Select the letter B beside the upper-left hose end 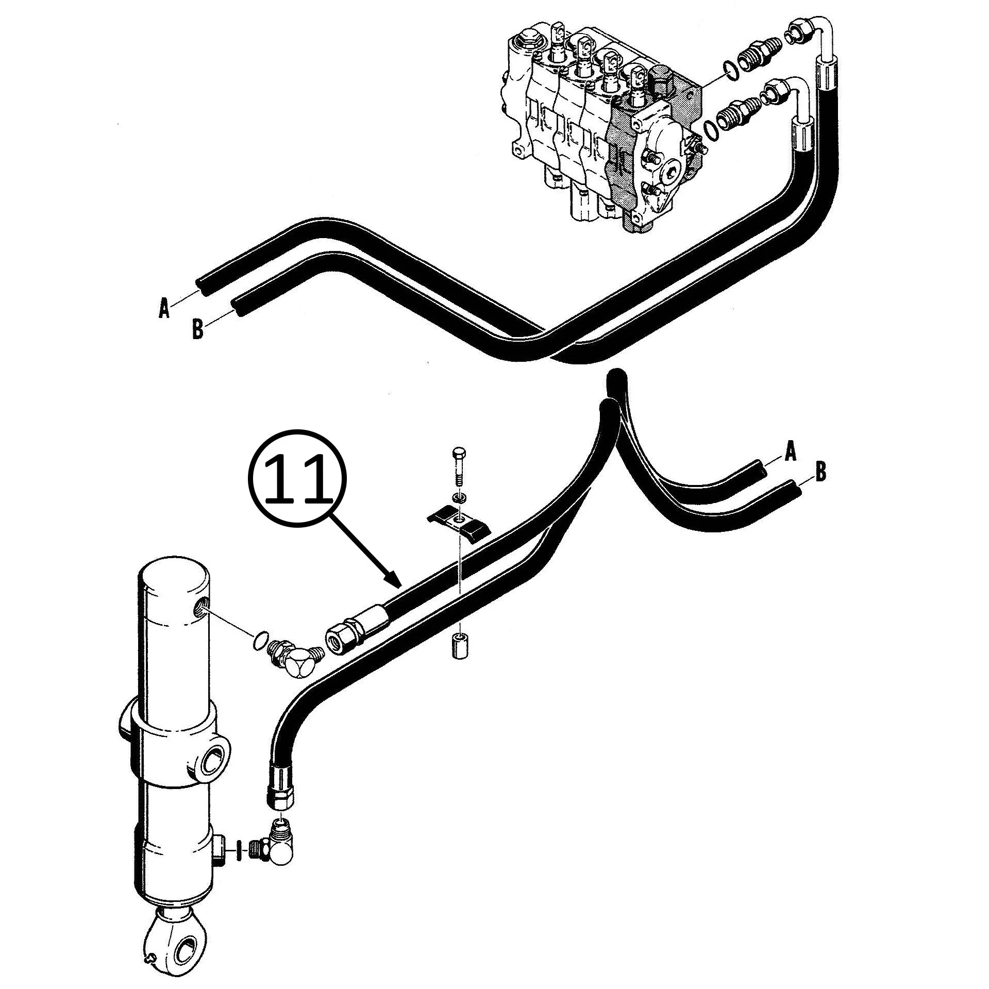coord(197,329)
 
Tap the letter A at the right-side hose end coord(790,452)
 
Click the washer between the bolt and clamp coord(459,497)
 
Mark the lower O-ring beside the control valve coord(711,127)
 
